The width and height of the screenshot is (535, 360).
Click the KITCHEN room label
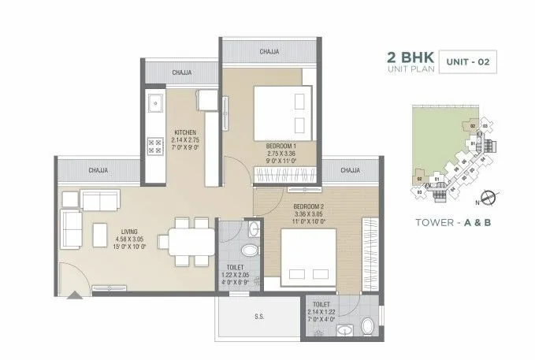[187, 132]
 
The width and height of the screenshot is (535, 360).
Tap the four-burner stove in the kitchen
[155, 146]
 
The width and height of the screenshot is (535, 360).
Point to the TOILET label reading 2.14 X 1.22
[321, 309]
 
